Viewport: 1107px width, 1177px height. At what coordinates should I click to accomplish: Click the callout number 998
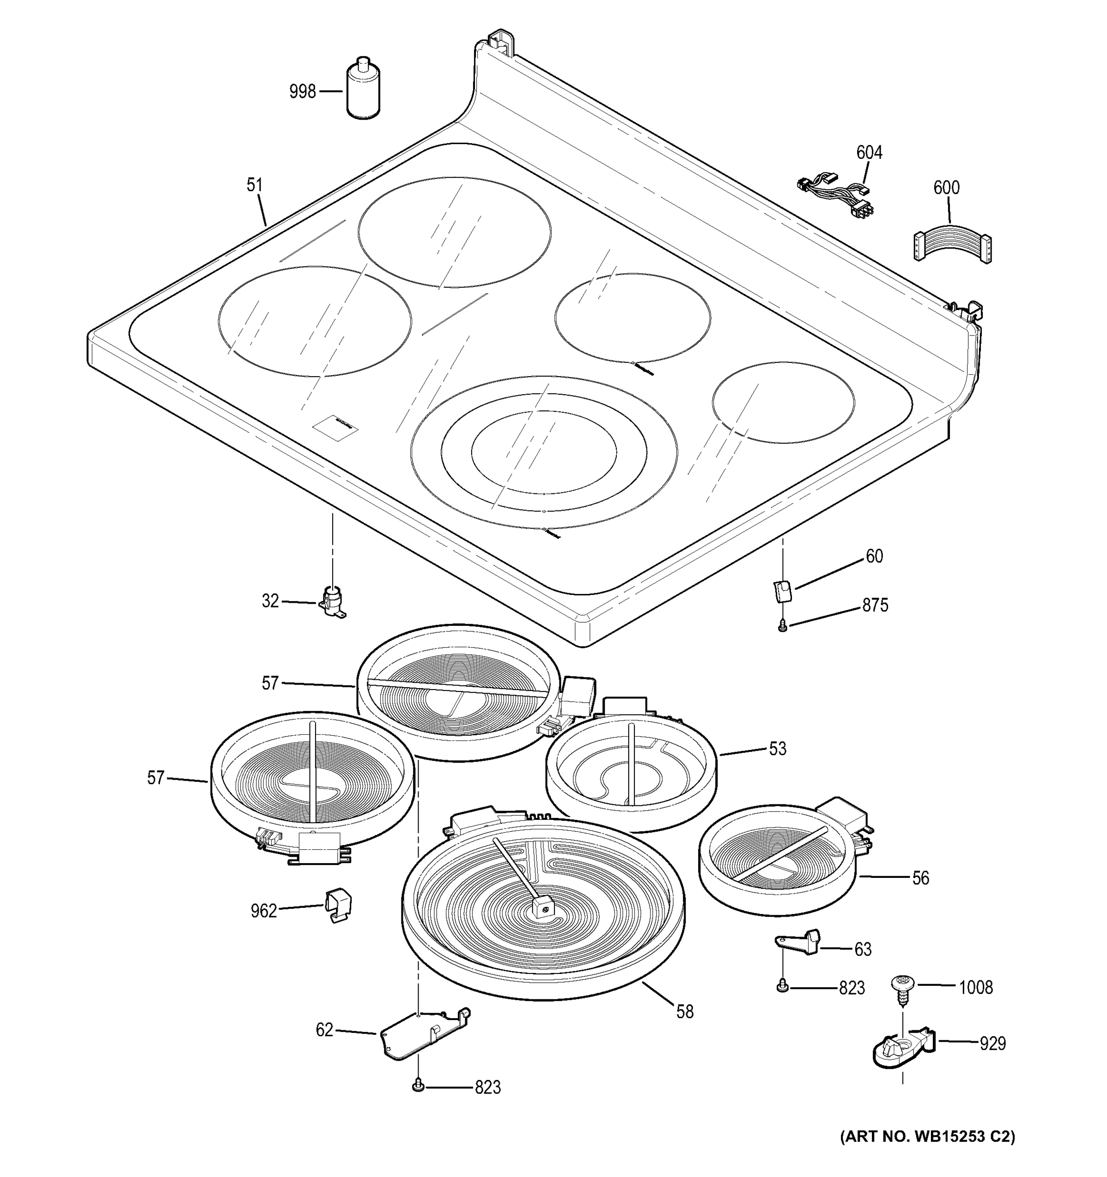coord(302,92)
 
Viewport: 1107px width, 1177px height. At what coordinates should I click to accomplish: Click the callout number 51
coord(254,185)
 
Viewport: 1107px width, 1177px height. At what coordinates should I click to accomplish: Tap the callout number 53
coord(777,749)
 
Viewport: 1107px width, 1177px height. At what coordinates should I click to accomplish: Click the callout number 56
coord(920,878)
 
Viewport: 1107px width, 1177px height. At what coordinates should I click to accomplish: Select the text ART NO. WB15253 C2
coord(927,1136)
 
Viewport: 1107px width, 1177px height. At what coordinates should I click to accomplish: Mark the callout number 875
coord(875,606)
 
